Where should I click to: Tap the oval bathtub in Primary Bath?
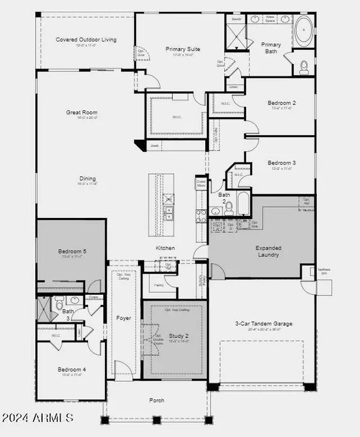[x=305, y=29]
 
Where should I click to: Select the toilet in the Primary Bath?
[x=304, y=67]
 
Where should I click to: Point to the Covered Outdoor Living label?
[x=86, y=40]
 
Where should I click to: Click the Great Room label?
[x=82, y=112]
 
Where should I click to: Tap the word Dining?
[x=88, y=178]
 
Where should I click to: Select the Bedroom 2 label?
[x=281, y=103]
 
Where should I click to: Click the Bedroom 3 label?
[x=281, y=163]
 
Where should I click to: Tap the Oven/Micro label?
[x=201, y=183]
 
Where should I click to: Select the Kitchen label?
[x=165, y=247]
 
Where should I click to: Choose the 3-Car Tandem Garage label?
[x=265, y=324]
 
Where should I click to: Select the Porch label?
[x=157, y=400]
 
